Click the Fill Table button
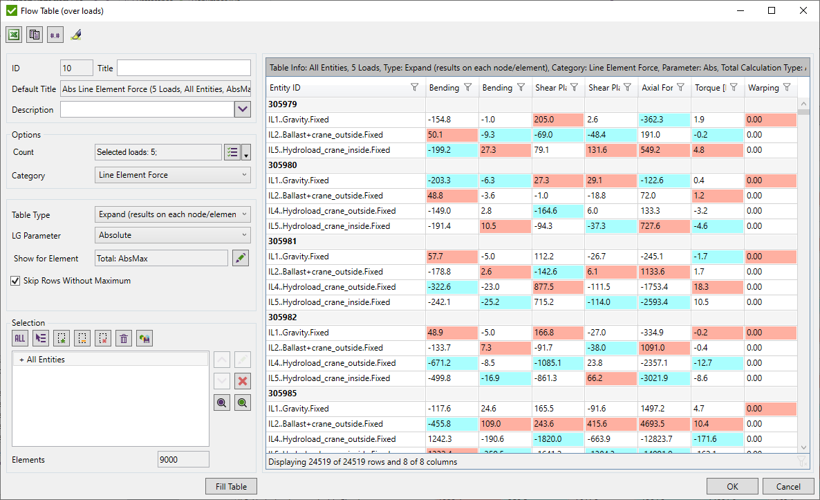[x=231, y=486]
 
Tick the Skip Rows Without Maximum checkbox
[x=16, y=281]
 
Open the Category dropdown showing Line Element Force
[x=173, y=175]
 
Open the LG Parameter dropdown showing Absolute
[x=173, y=235]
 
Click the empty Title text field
[x=183, y=68]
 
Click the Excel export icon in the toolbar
[x=14, y=35]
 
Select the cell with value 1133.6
[x=663, y=272]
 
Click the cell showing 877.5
[x=557, y=287]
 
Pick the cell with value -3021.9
[x=663, y=378]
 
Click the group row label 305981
[x=282, y=241]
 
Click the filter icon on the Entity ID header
[x=414, y=88]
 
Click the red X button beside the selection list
[x=242, y=381]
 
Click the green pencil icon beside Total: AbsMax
[x=240, y=258]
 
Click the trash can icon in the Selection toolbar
[x=124, y=338]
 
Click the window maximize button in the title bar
[x=772, y=10]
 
